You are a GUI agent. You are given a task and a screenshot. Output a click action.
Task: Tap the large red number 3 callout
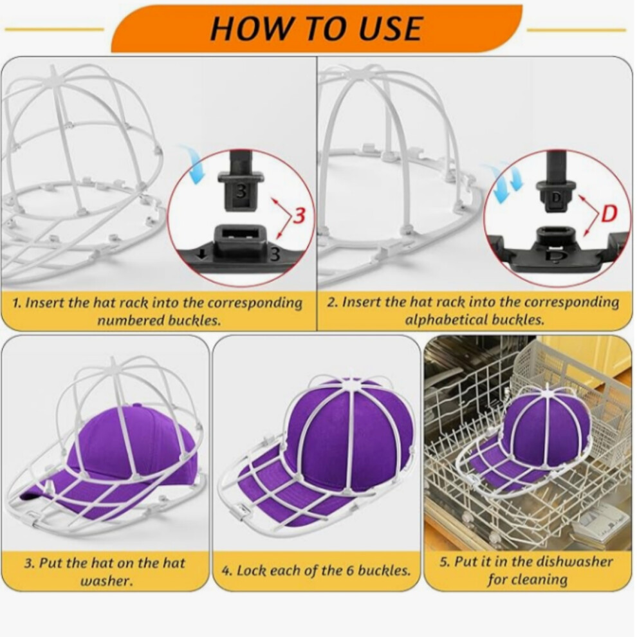click(x=299, y=215)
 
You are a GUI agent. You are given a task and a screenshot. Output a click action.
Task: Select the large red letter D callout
click(x=609, y=214)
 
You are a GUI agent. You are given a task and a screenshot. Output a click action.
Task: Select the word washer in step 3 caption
click(x=106, y=580)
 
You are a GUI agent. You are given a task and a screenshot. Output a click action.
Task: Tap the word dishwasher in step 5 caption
click(x=574, y=562)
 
